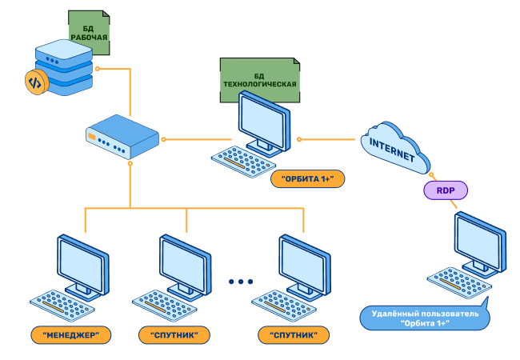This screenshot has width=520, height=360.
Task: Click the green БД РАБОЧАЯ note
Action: point(89,32)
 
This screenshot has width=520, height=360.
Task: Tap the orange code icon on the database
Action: point(34,82)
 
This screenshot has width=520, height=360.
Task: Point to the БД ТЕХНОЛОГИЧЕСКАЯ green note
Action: point(259,79)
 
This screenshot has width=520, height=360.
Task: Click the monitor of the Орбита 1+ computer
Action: point(263,122)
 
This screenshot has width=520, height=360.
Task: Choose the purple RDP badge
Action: point(444,190)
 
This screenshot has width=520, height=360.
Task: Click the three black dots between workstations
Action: point(240,282)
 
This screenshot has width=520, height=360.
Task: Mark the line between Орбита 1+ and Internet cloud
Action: point(328,138)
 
